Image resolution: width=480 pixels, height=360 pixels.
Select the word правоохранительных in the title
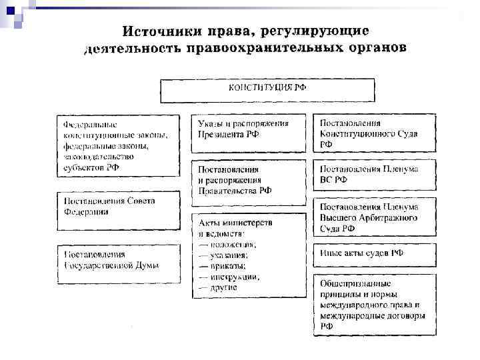(x=261, y=49)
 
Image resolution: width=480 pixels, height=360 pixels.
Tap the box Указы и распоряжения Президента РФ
(x=249, y=134)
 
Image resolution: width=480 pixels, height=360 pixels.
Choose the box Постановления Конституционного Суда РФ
(x=375, y=133)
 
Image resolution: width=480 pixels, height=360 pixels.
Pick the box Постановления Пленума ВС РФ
(x=375, y=174)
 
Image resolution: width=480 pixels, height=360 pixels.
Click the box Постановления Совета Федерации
(x=117, y=206)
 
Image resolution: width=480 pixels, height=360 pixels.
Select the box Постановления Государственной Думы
(x=117, y=259)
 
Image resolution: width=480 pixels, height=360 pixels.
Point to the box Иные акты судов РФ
(x=375, y=253)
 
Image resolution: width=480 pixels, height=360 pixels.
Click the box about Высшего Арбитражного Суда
(x=375, y=217)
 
